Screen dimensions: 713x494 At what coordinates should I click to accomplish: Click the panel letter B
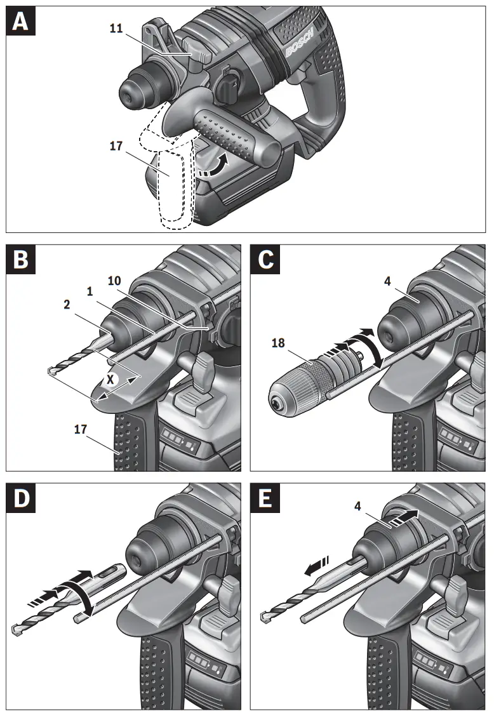tap(20, 260)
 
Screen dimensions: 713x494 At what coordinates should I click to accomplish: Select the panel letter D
tap(20, 498)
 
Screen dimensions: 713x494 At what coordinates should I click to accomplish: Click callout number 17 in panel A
tap(116, 145)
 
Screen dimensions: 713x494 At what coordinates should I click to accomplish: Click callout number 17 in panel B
tap(81, 430)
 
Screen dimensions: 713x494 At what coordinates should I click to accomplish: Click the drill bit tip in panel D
tap(17, 629)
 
